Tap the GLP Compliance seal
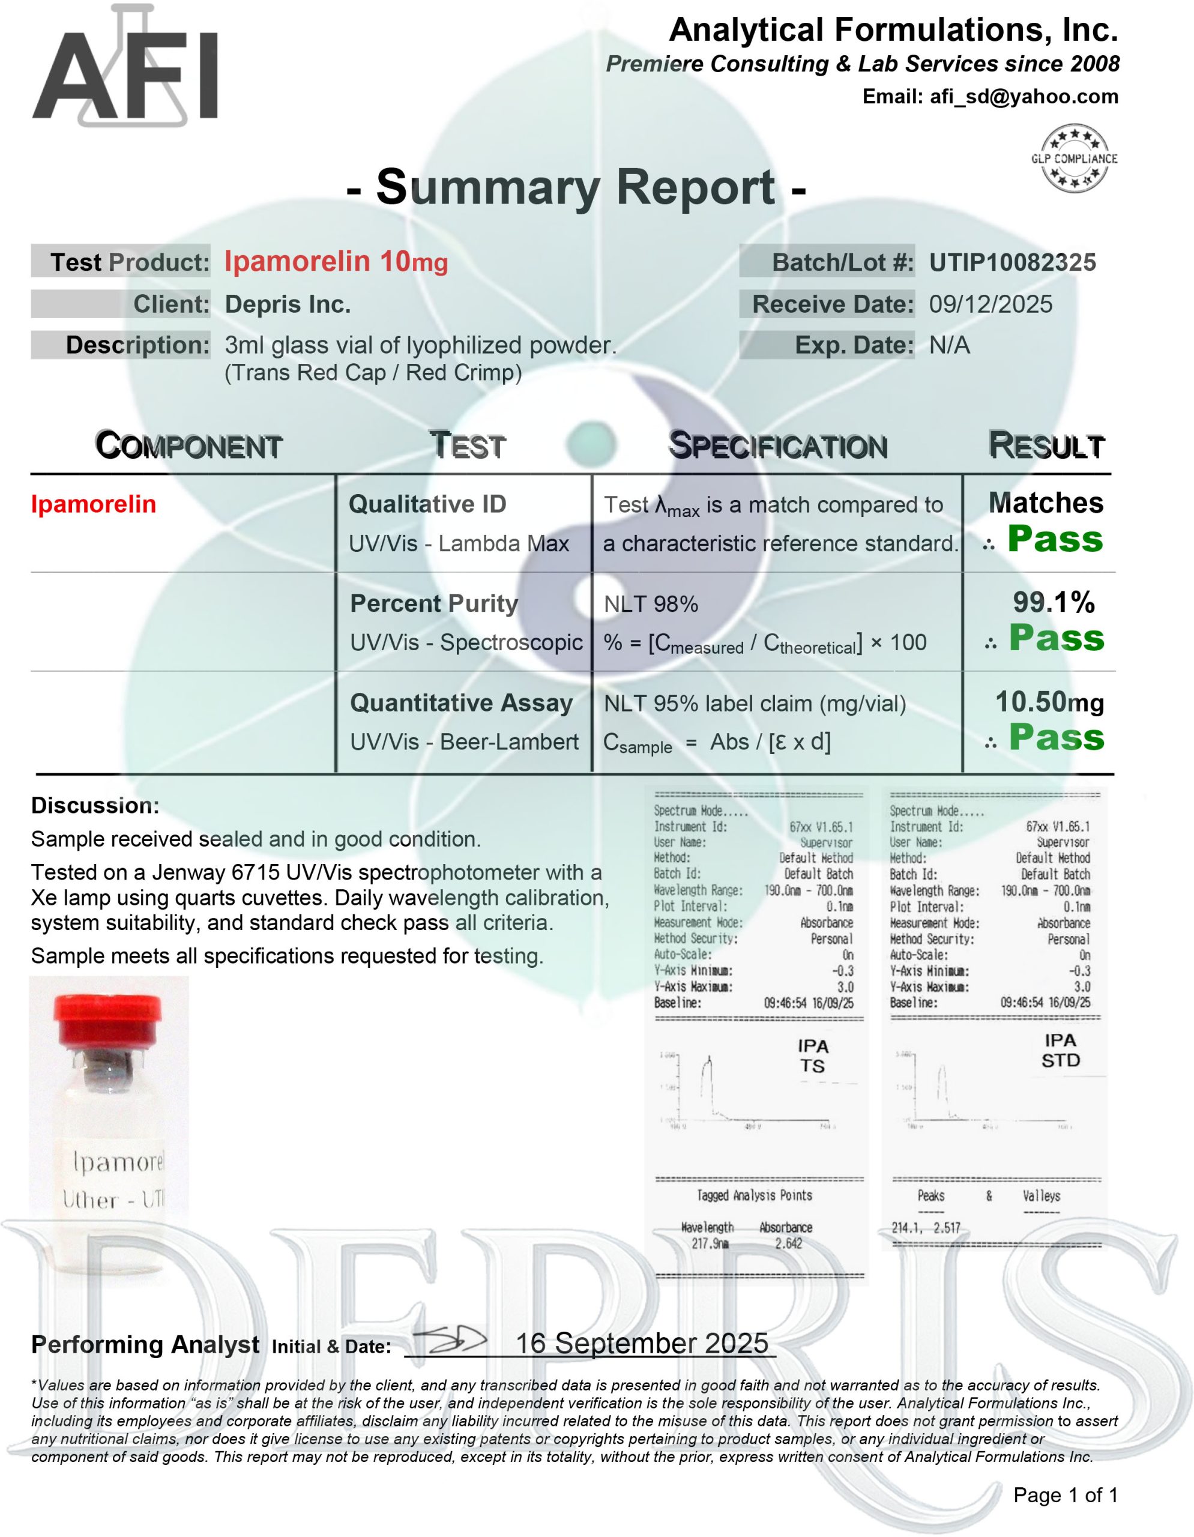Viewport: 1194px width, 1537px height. click(1074, 159)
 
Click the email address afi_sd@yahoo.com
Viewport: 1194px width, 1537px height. click(1024, 97)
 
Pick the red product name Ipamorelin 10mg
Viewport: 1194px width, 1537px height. click(336, 262)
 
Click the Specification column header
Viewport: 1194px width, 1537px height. click(777, 445)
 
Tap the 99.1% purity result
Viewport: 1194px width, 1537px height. click(1054, 602)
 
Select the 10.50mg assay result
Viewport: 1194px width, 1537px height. click(1049, 702)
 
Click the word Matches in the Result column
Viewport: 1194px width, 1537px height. click(1046, 503)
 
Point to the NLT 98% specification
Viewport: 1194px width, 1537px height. click(651, 604)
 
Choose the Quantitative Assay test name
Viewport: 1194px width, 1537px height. click(461, 702)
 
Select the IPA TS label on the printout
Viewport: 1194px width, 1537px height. click(813, 1055)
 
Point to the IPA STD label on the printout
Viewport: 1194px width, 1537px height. click(1060, 1050)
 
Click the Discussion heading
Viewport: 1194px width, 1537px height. click(95, 805)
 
